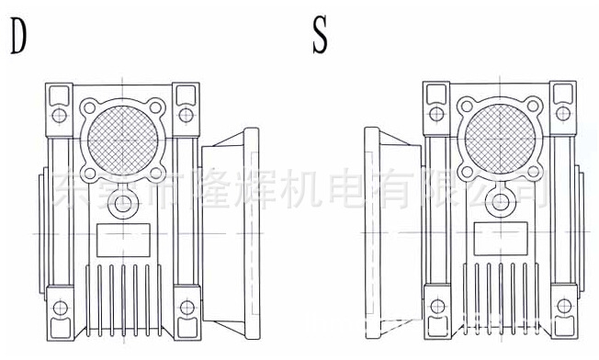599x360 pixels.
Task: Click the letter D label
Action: [x=17, y=37]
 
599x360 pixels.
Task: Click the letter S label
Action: [x=320, y=37]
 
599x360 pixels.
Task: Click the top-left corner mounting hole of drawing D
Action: [x=58, y=115]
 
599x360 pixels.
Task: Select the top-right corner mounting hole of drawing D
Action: [x=186, y=115]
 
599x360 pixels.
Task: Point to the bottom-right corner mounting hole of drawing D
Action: [x=186, y=306]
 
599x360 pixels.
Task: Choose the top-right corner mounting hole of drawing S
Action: [x=563, y=115]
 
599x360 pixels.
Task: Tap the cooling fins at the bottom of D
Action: [x=122, y=294]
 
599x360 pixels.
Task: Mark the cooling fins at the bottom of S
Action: [x=500, y=294]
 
